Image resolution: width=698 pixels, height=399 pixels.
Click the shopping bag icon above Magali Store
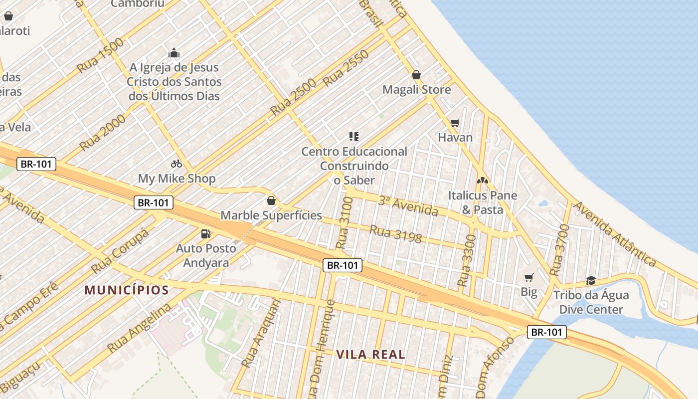point(416,75)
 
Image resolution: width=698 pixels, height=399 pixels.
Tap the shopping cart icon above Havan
point(455,123)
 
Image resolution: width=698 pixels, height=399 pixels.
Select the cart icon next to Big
point(528,277)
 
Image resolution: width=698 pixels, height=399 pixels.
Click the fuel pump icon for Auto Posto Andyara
point(205,233)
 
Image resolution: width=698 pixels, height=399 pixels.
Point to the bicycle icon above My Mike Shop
point(176,163)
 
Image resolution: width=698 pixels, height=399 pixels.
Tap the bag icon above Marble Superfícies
point(271,200)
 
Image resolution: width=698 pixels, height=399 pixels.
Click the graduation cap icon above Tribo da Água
point(591,280)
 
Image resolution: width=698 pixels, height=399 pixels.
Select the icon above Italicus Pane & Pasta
point(482,180)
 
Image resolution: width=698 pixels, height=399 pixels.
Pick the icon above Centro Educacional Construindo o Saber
point(354,136)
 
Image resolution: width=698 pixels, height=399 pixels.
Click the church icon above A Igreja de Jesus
point(174,52)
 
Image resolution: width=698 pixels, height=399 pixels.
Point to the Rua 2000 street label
point(103,132)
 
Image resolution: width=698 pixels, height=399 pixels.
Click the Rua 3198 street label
point(395,234)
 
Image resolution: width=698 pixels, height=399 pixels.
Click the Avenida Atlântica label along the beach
point(614,234)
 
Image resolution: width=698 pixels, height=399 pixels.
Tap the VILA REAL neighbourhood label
point(370,355)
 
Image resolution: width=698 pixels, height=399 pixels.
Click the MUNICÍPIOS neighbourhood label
point(127,290)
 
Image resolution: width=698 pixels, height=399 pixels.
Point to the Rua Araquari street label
point(258,333)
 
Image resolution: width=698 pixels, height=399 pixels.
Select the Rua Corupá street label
point(120,251)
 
